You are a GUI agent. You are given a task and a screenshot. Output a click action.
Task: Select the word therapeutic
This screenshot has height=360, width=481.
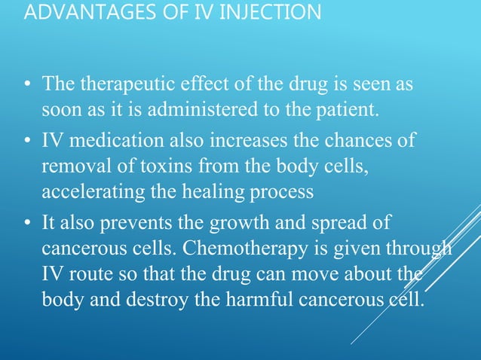tap(114, 85)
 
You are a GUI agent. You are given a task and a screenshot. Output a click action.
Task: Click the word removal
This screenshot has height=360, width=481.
tap(70, 166)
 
